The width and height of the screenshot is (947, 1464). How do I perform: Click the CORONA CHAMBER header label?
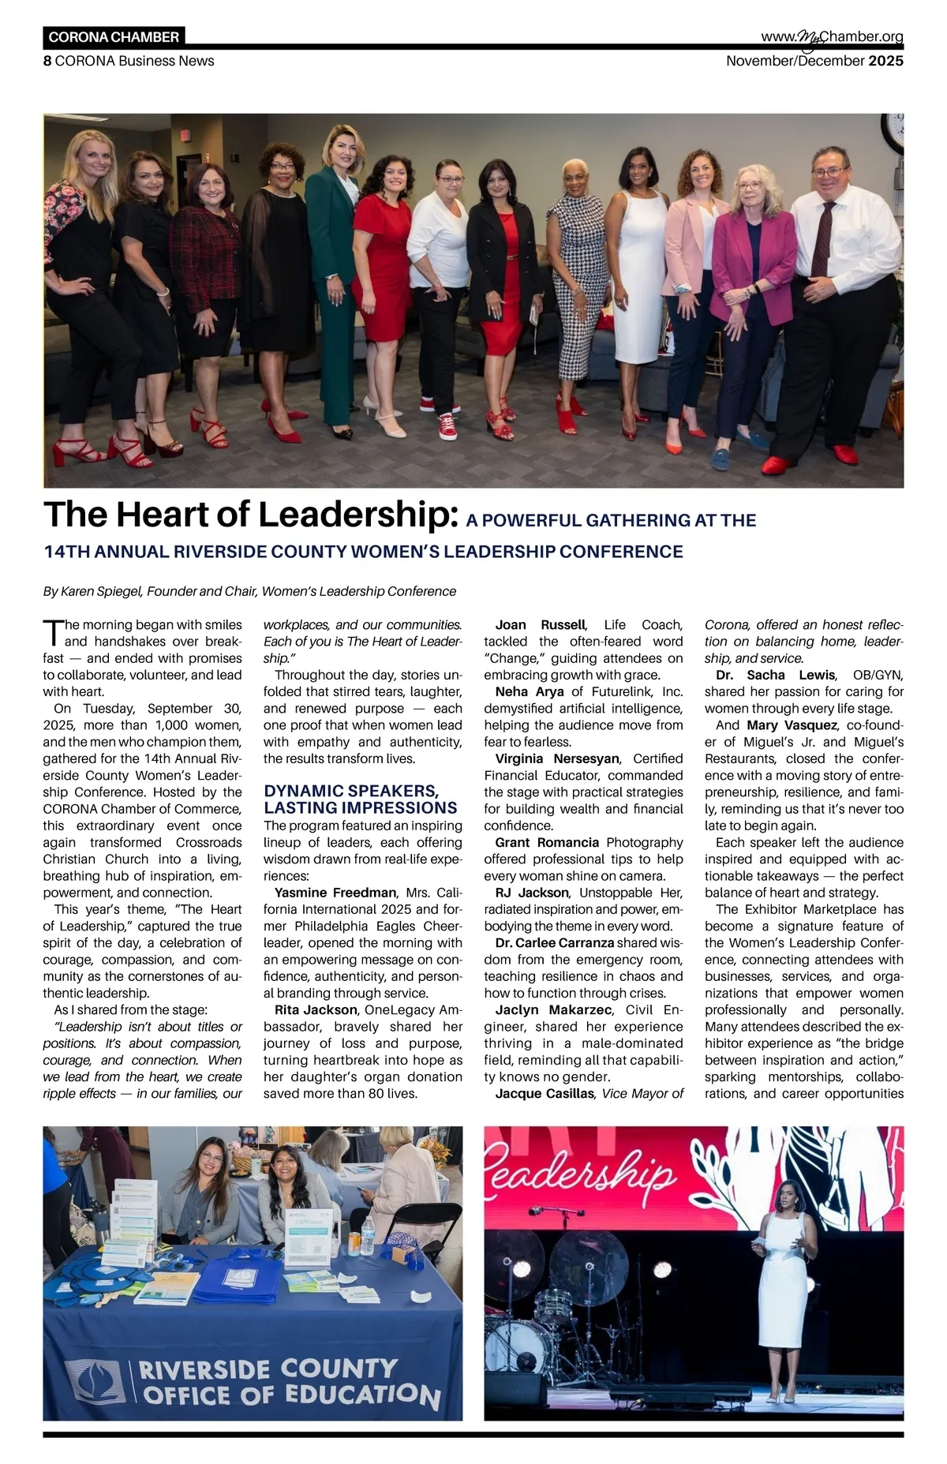click(114, 37)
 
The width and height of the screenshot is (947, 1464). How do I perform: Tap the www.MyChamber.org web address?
click(832, 37)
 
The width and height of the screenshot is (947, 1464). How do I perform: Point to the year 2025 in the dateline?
click(885, 61)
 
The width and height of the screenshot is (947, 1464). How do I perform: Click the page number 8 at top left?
click(47, 61)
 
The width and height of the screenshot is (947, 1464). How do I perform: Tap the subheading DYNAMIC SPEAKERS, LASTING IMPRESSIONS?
click(360, 799)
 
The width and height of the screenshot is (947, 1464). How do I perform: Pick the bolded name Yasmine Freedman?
click(335, 893)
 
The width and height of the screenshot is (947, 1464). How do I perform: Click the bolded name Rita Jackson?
click(316, 1009)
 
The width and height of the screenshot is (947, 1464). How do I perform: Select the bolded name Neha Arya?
click(530, 691)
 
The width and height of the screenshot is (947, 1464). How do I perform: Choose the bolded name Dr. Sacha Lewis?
click(775, 675)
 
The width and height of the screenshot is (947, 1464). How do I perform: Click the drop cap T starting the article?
click(52, 632)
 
